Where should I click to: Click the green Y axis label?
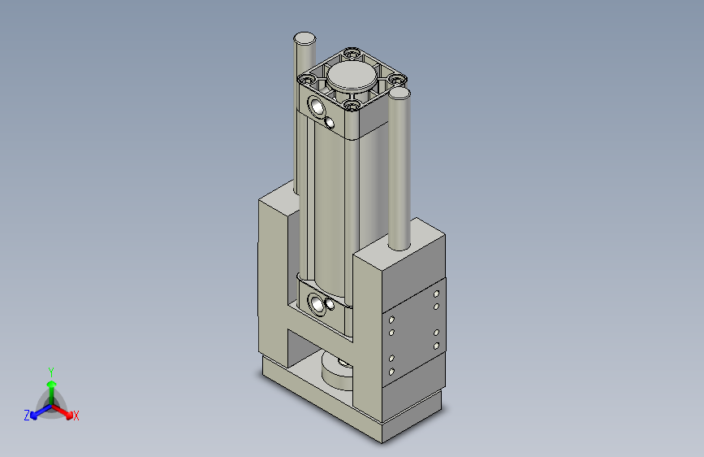point(50,370)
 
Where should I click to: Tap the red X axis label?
point(76,416)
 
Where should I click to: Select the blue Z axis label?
point(27,416)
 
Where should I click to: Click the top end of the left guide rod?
point(304,37)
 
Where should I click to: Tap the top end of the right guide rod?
point(400,93)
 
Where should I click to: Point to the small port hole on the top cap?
point(330,122)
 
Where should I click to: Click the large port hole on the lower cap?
point(316,305)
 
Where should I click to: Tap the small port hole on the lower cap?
point(330,307)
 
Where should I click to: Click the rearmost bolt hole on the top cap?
point(351,54)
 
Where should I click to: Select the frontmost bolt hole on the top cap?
point(351,105)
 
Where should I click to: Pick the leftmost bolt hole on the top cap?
point(308,79)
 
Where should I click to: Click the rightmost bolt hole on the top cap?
point(396,79)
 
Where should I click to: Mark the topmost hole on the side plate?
point(437,293)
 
